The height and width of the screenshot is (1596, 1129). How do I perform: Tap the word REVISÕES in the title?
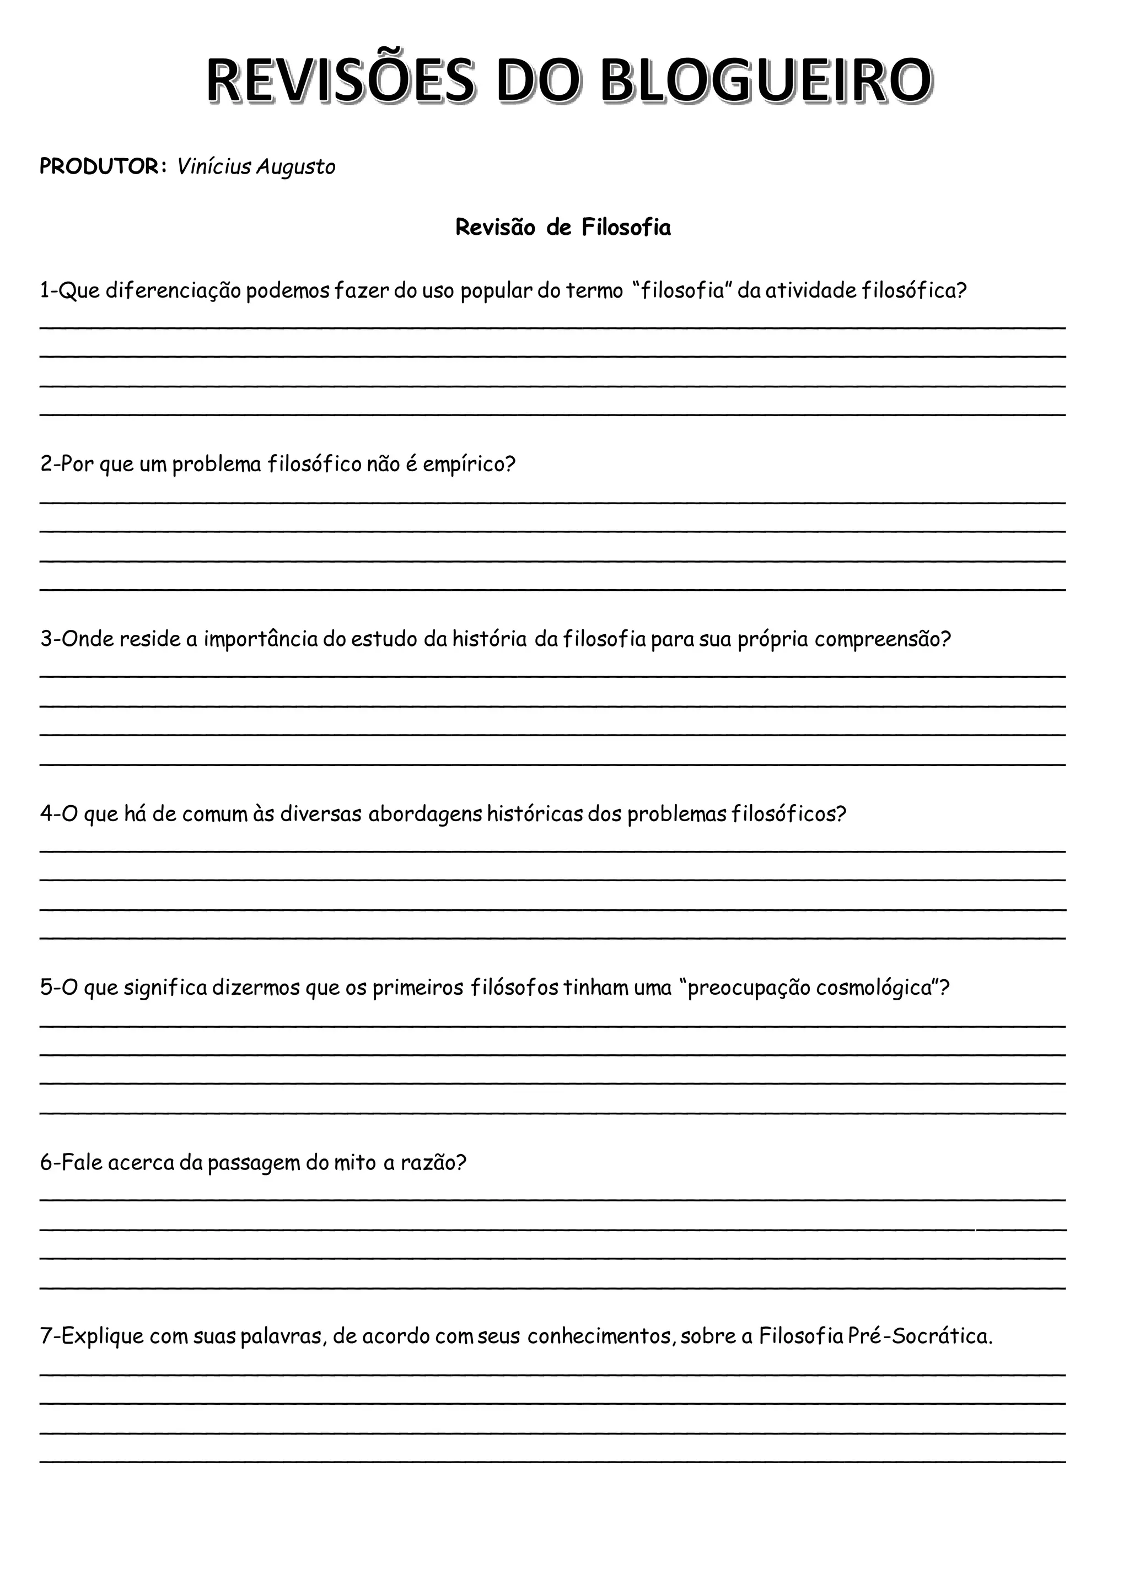pos(341,82)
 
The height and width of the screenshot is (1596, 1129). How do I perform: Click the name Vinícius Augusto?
pos(256,167)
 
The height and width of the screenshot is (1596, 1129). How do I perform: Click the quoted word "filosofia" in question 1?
pos(682,290)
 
